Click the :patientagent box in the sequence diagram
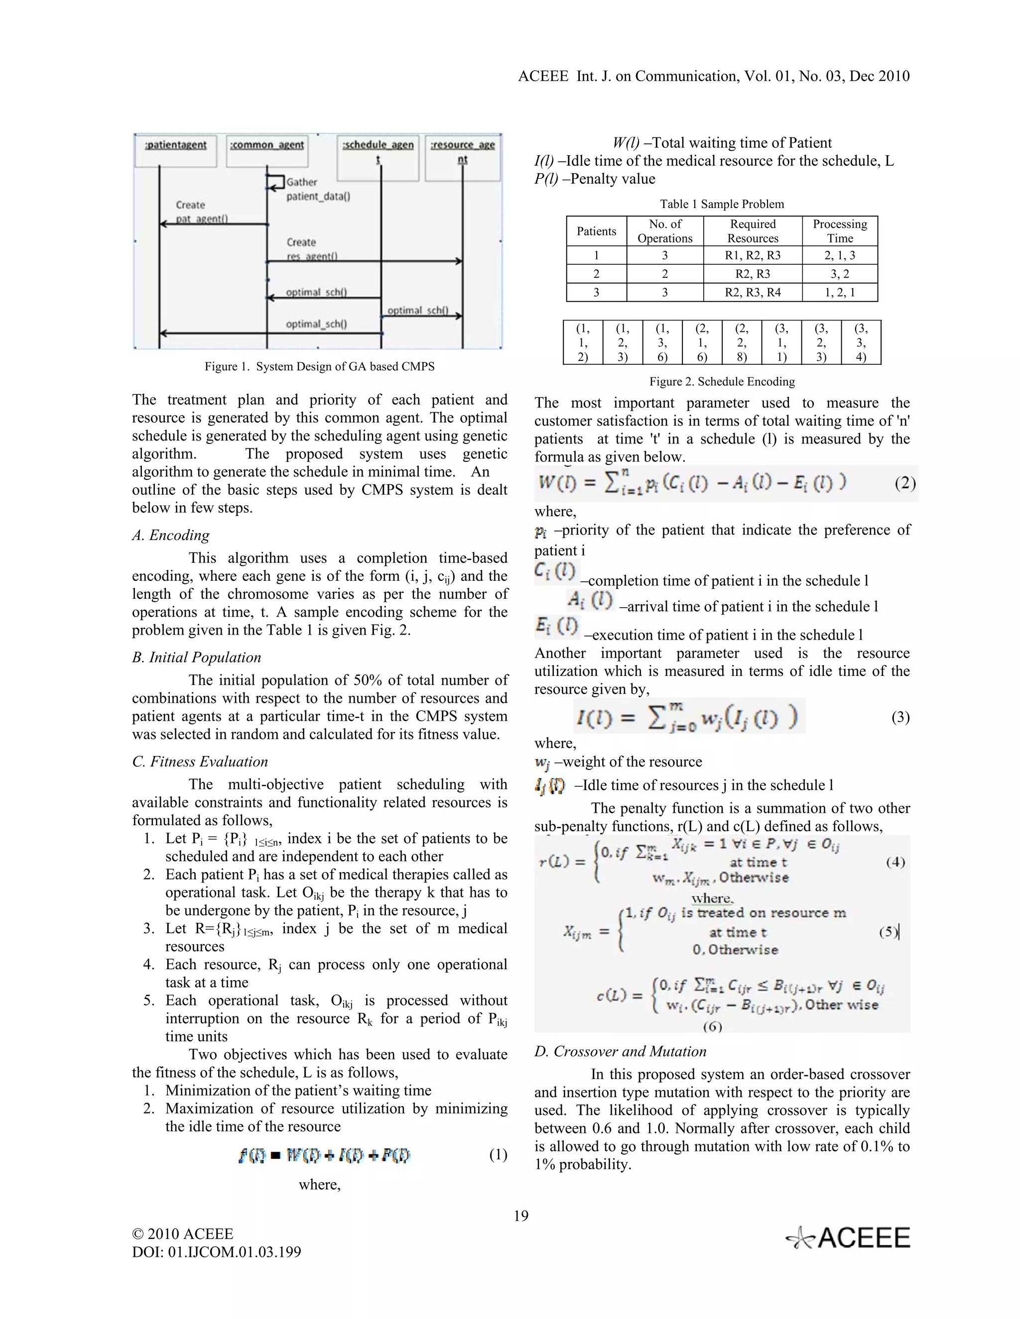(x=176, y=150)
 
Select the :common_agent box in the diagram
(x=266, y=150)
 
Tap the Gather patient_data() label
(x=318, y=189)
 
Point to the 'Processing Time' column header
(x=839, y=231)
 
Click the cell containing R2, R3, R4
(x=753, y=292)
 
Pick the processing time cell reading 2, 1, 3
(x=839, y=255)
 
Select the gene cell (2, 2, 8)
(x=742, y=342)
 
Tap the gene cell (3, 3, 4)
(x=861, y=342)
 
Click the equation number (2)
(x=904, y=483)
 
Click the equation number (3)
(x=900, y=717)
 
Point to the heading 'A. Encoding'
(x=171, y=535)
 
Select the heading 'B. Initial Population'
(x=196, y=657)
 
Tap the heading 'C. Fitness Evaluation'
(x=200, y=762)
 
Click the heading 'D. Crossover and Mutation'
(x=620, y=1051)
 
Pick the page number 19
(x=521, y=1216)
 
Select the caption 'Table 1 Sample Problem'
(x=722, y=204)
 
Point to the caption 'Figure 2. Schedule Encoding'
(x=722, y=382)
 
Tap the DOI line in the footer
(x=216, y=1252)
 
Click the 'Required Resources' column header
(x=753, y=231)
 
